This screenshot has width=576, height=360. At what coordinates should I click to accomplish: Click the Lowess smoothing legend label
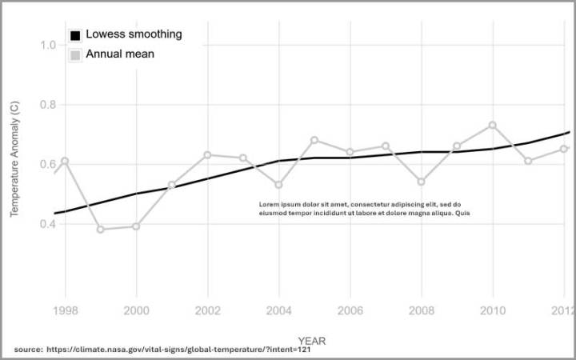[134, 34]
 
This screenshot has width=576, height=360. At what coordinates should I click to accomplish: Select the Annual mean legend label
[120, 54]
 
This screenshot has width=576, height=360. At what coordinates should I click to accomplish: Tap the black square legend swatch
[75, 35]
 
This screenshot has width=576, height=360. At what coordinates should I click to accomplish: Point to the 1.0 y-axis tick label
[47, 45]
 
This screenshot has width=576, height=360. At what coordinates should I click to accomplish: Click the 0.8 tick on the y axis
[47, 105]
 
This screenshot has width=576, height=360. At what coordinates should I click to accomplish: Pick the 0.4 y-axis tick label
[47, 224]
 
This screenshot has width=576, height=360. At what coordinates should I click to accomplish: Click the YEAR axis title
[312, 340]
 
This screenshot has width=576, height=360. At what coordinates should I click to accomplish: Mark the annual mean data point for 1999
[101, 230]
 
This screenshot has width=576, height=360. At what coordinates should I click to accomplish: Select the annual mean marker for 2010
[493, 125]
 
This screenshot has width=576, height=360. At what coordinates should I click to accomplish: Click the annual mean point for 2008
[422, 182]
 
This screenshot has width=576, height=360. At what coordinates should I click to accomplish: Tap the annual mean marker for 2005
[314, 140]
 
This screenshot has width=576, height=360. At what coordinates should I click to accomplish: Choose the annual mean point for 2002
[207, 154]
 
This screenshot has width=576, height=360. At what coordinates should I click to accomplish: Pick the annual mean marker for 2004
[278, 185]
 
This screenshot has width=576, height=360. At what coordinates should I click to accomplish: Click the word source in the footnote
[28, 350]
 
